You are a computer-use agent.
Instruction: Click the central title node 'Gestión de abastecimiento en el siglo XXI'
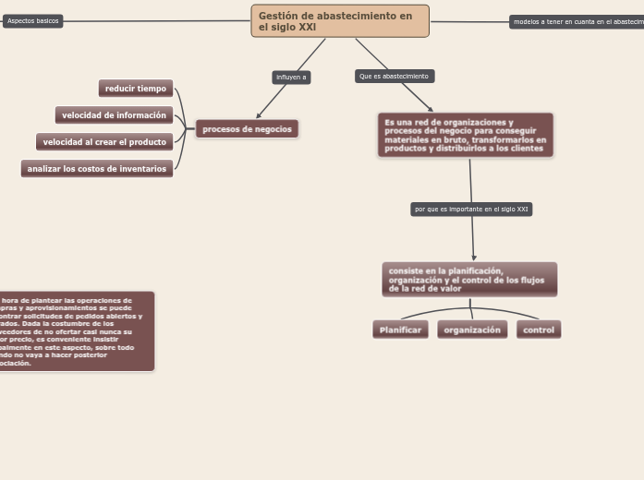(x=339, y=20)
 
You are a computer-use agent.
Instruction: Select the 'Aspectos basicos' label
(x=32, y=20)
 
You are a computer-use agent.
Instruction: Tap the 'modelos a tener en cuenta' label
(x=577, y=21)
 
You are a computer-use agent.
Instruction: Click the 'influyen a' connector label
(x=291, y=78)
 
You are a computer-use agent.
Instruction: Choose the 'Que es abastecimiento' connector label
(x=394, y=76)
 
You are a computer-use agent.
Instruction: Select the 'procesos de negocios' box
(x=247, y=129)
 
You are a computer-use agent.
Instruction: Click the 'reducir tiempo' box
(x=136, y=89)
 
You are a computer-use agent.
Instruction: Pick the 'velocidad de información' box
(x=114, y=115)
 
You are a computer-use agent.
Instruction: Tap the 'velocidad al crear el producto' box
(x=104, y=142)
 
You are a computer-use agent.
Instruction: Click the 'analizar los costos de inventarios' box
(x=97, y=169)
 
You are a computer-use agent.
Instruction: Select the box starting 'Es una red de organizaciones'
(x=465, y=135)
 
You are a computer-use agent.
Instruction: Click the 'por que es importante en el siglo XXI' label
(x=471, y=210)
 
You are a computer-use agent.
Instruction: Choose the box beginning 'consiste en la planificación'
(x=468, y=280)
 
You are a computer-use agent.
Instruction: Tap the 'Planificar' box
(x=400, y=330)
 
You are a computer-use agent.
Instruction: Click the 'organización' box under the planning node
(x=472, y=330)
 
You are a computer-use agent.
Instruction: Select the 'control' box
(x=539, y=330)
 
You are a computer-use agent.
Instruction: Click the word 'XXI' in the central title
(x=306, y=28)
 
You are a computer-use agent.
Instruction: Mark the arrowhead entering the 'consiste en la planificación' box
(x=474, y=258)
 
